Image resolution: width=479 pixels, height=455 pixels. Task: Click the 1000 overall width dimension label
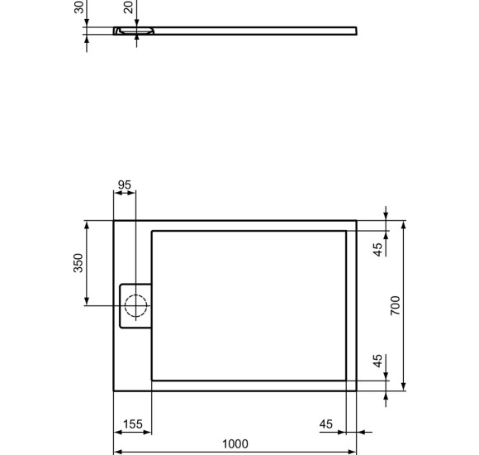(x=235, y=444)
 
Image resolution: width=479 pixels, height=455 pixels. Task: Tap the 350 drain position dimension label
(x=78, y=263)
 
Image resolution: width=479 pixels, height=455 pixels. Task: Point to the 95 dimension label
(x=125, y=184)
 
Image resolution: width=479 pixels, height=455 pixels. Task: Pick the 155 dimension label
(x=132, y=424)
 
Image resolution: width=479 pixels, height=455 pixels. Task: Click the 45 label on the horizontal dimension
(x=326, y=424)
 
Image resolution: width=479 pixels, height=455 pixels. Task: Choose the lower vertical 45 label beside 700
(x=377, y=362)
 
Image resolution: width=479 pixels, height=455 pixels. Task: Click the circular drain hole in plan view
(x=136, y=306)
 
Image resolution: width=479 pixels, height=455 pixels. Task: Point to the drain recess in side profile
(x=135, y=32)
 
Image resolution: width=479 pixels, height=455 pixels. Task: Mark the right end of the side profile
(x=355, y=31)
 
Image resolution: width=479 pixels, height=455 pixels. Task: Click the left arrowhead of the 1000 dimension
(x=116, y=453)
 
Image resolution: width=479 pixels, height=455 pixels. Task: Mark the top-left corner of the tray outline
(x=114, y=221)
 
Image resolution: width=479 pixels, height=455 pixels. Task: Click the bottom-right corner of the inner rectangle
(x=346, y=379)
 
